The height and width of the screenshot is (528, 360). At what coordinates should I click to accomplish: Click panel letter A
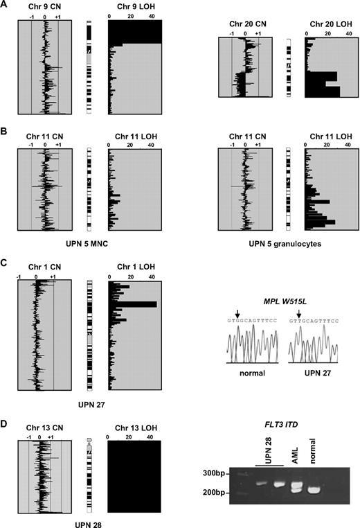tap(5, 5)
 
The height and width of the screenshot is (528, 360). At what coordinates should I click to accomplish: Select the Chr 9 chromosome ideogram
tap(89, 67)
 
